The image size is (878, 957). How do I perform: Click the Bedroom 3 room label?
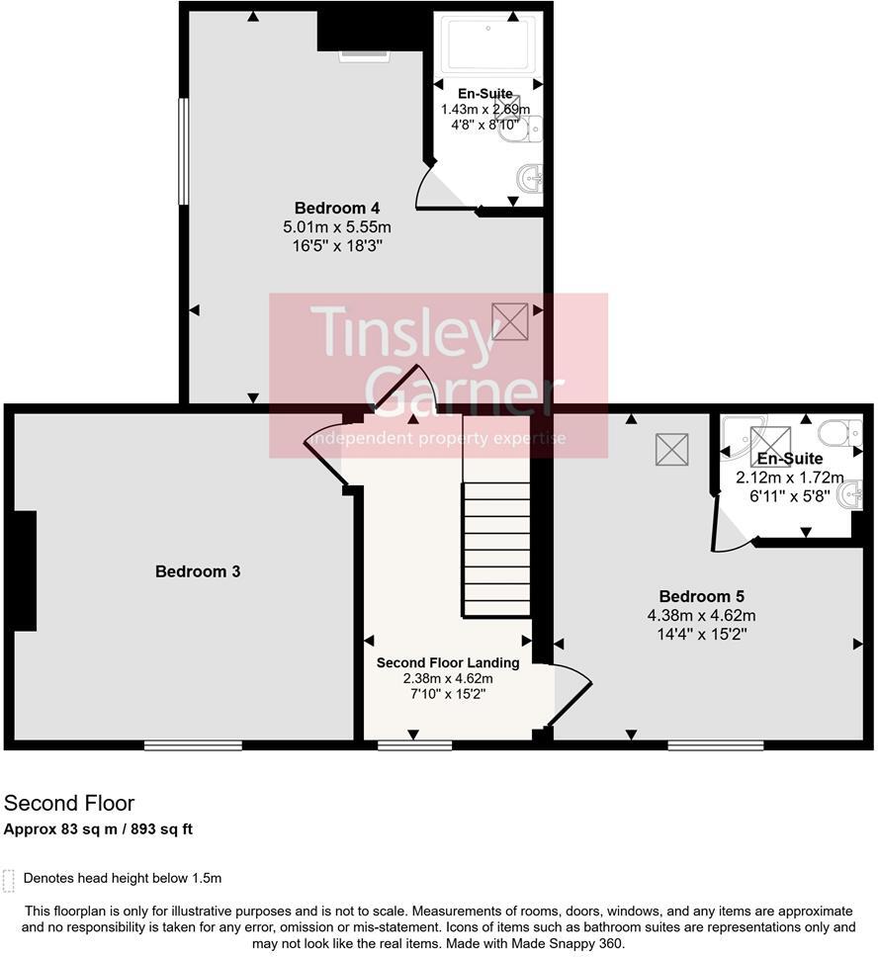tap(198, 571)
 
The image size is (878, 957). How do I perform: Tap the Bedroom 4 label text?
tap(337, 208)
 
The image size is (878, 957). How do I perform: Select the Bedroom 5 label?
tap(702, 596)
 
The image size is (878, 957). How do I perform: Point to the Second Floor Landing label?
tap(448, 662)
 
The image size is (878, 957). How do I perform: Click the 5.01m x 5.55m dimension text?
tap(337, 227)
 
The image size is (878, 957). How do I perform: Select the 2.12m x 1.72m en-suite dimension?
tap(790, 478)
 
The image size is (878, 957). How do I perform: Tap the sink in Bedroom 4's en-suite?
tap(529, 179)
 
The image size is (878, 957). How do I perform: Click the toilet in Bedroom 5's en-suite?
tap(839, 433)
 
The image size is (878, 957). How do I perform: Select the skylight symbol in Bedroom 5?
tap(671, 450)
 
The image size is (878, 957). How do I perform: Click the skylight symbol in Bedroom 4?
tap(510, 321)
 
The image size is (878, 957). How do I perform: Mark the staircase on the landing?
tap(495, 549)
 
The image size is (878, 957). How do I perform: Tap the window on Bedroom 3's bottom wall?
tap(194, 745)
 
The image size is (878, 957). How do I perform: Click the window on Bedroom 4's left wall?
tap(183, 151)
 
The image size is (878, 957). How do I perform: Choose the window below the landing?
tap(415, 745)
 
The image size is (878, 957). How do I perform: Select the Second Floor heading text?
tap(69, 803)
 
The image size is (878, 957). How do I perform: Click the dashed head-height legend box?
tap(8, 881)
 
